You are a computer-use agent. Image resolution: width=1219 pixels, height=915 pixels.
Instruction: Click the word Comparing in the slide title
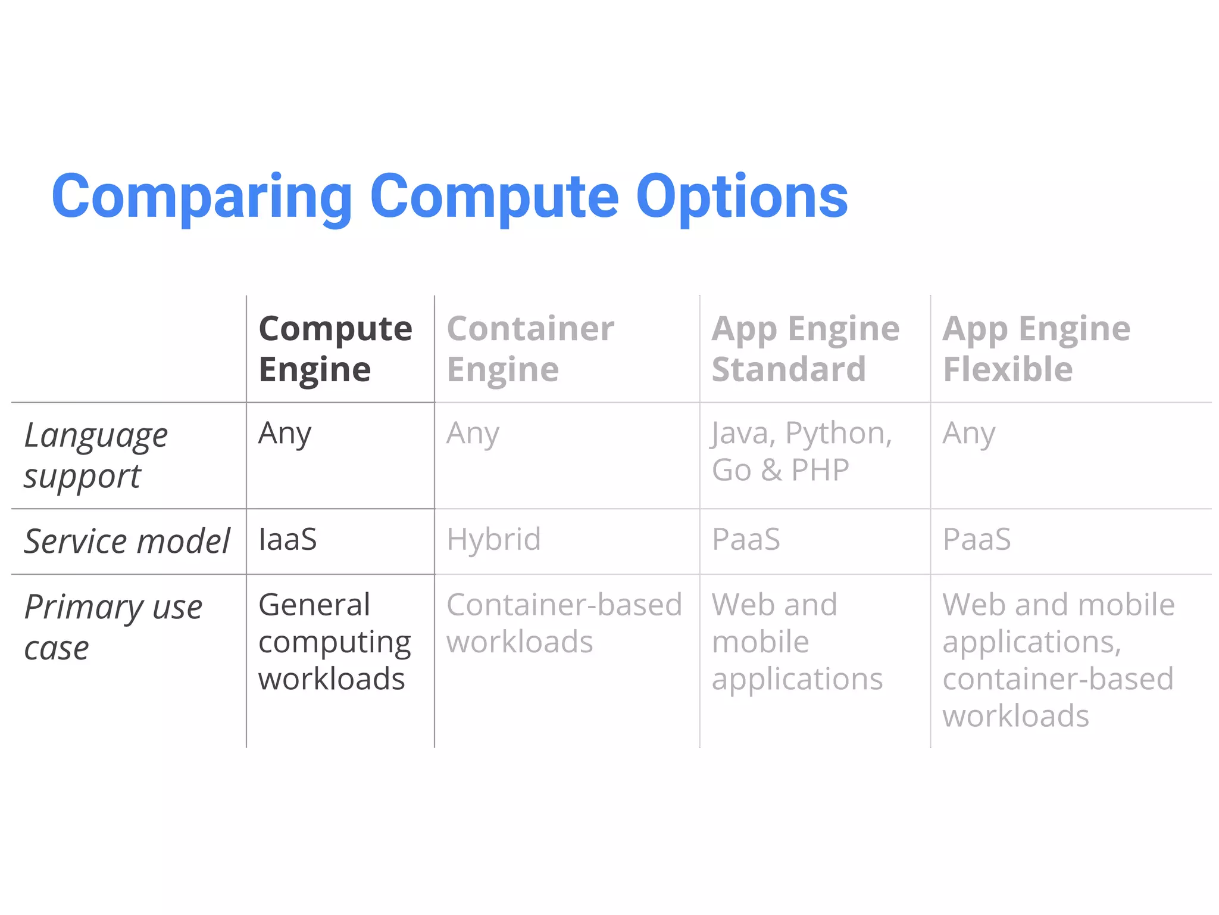[202, 197]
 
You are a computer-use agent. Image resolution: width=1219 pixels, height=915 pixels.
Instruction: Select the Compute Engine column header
[335, 348]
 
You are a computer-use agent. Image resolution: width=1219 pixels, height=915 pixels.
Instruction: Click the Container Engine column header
[530, 348]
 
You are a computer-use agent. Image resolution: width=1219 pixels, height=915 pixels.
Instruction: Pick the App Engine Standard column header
[805, 348]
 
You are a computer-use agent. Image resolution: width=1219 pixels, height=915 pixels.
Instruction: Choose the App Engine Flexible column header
[1036, 348]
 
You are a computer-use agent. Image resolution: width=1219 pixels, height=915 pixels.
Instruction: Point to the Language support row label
[95, 455]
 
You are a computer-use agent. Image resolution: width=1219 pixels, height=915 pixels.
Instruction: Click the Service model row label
[126, 541]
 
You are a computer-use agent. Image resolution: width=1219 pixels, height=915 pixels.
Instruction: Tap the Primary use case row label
[113, 627]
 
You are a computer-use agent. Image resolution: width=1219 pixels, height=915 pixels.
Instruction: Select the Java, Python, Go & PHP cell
[801, 451]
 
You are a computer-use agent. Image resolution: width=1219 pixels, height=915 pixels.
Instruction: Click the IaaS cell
[287, 540]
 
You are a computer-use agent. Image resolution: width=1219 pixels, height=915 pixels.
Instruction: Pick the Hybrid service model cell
[493, 540]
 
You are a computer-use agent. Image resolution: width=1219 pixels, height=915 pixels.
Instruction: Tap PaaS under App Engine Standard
[746, 540]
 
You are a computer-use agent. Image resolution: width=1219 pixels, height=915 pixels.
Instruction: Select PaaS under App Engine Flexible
[976, 540]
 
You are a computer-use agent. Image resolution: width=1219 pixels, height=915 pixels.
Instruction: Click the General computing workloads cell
[334, 642]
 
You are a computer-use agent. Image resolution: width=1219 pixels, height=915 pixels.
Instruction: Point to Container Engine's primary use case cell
[564, 623]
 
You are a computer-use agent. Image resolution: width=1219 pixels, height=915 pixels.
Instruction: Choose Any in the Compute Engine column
[285, 434]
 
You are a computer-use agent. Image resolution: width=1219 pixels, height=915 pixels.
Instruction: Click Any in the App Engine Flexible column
[968, 434]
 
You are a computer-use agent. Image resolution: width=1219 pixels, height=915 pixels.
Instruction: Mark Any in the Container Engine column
[473, 434]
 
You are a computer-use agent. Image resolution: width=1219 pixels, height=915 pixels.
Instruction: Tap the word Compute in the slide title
[494, 197]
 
